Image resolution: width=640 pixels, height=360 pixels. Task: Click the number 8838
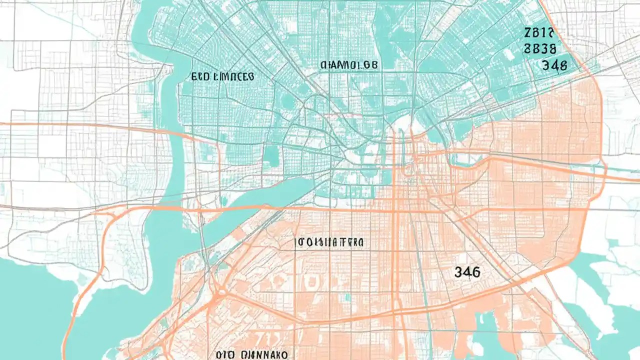pyautogui.click(x=539, y=49)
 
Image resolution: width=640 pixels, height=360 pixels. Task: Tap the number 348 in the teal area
pyautogui.click(x=554, y=65)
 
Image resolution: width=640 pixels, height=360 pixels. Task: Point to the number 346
pyautogui.click(x=467, y=272)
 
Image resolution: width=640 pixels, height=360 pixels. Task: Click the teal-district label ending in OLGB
pyautogui.click(x=349, y=65)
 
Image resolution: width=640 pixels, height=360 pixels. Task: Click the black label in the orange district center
pyautogui.click(x=330, y=242)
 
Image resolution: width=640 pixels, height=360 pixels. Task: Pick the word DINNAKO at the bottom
pyautogui.click(x=263, y=354)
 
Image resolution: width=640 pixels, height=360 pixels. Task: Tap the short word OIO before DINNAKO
pyautogui.click(x=226, y=354)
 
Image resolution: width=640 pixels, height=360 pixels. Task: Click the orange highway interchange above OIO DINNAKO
pyautogui.click(x=218, y=290)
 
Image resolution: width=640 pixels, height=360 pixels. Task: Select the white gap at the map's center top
pyautogui.click(x=402, y=125)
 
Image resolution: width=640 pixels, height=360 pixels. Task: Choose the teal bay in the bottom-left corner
pyautogui.click(x=30, y=310)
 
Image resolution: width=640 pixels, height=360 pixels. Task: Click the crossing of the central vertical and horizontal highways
pyautogui.click(x=395, y=209)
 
